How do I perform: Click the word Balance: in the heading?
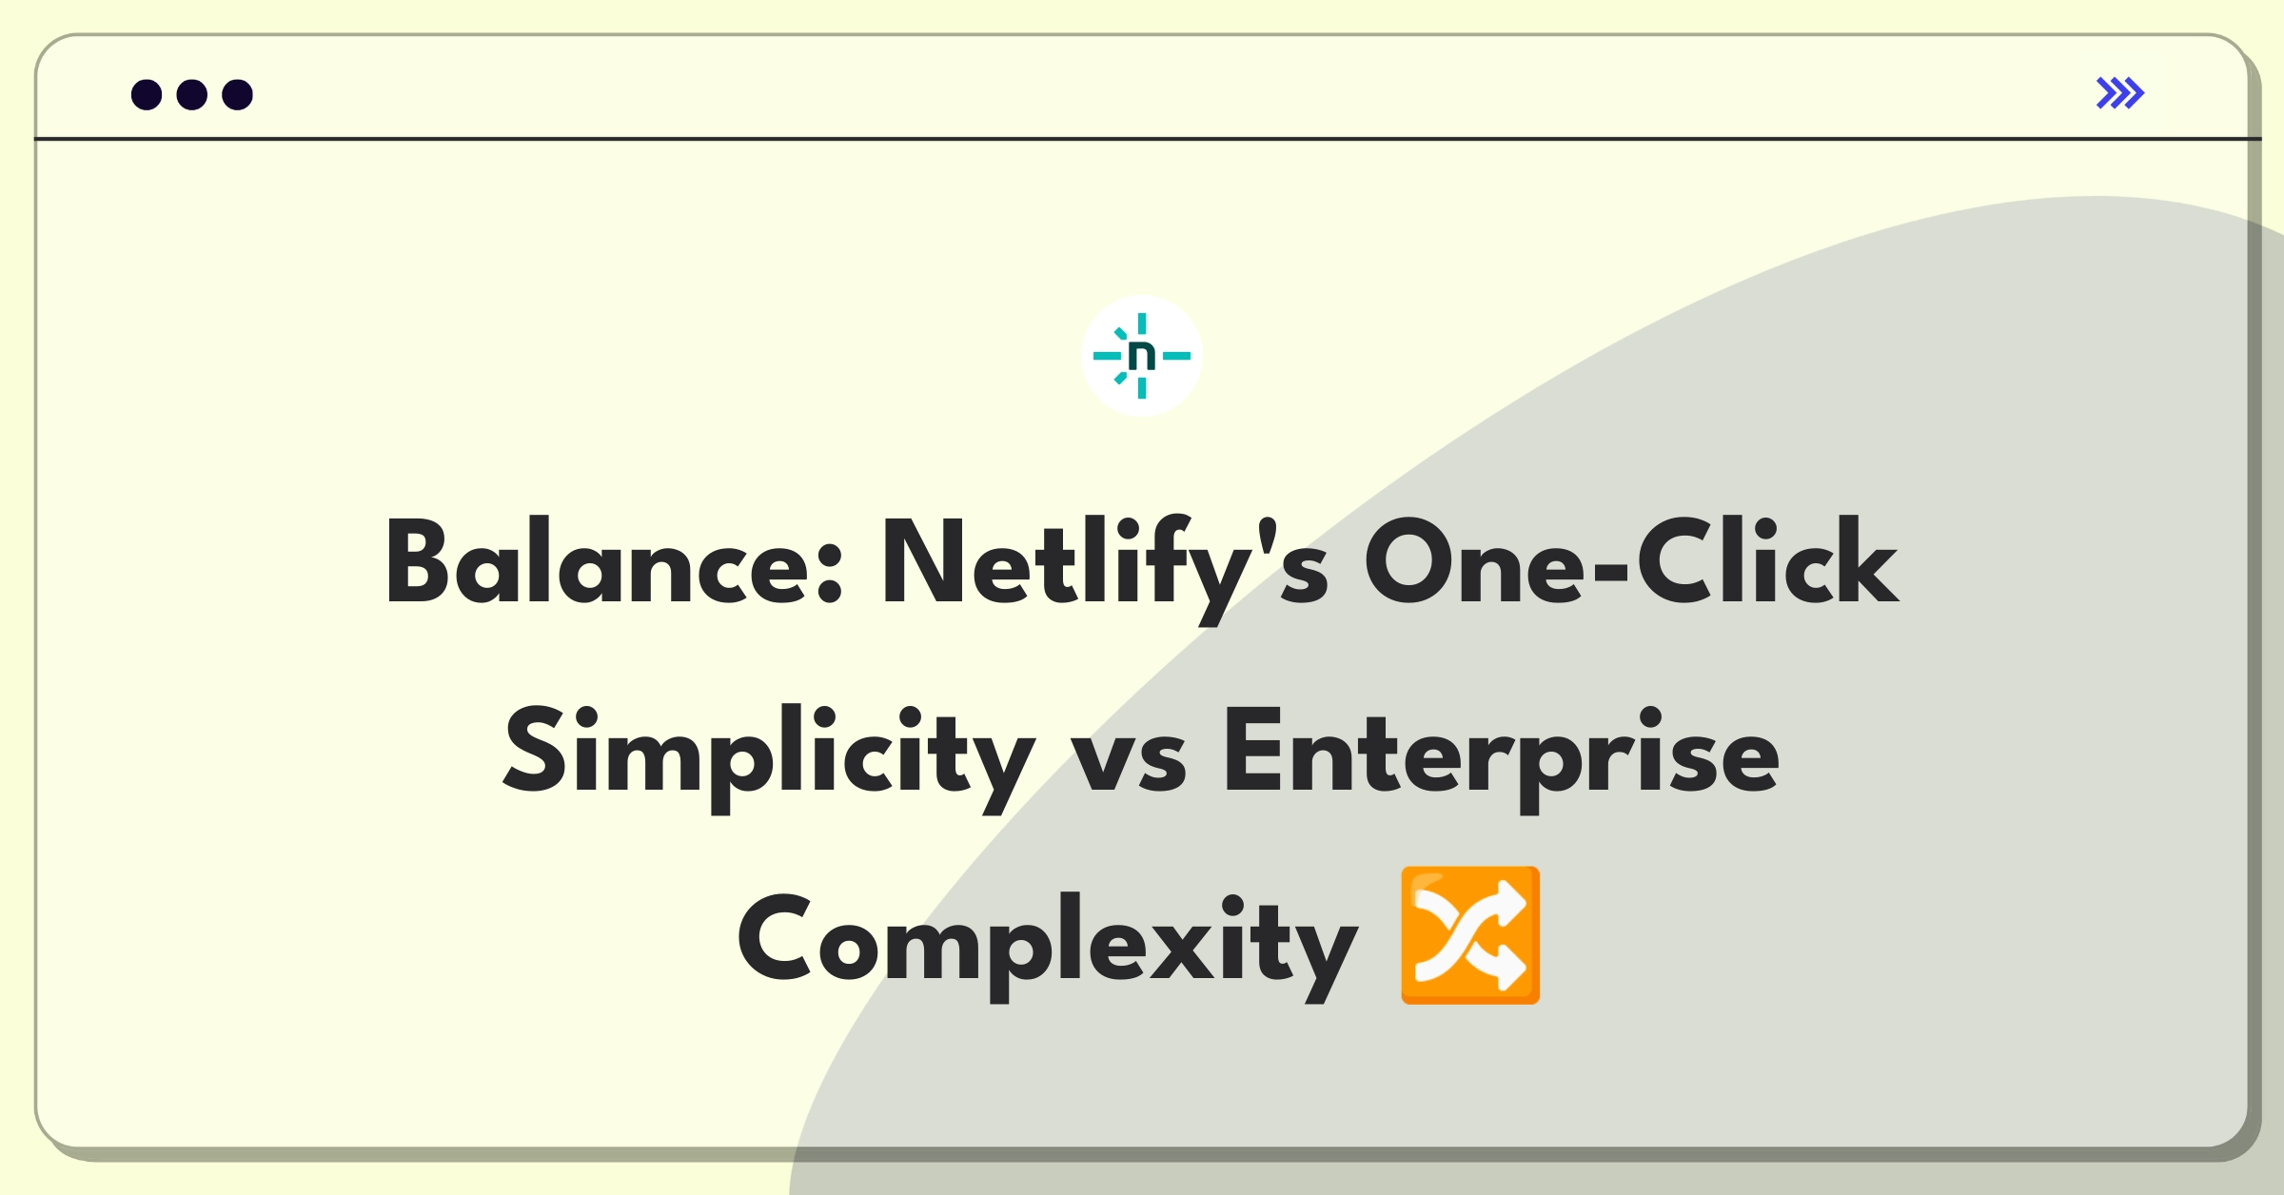coord(614,561)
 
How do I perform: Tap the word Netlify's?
coord(1106,569)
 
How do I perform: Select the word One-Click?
coord(1632,561)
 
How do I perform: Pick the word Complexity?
coord(1048,946)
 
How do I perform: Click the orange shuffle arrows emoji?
coord(1470,935)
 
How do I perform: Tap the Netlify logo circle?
coord(1142,356)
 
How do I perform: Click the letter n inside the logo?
coord(1142,356)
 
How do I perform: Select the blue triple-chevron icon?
coord(2120,93)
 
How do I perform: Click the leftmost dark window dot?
coord(147,94)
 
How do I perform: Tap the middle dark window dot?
coord(192,94)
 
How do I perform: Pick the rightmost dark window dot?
coord(238,94)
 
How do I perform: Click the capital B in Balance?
coord(417,561)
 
